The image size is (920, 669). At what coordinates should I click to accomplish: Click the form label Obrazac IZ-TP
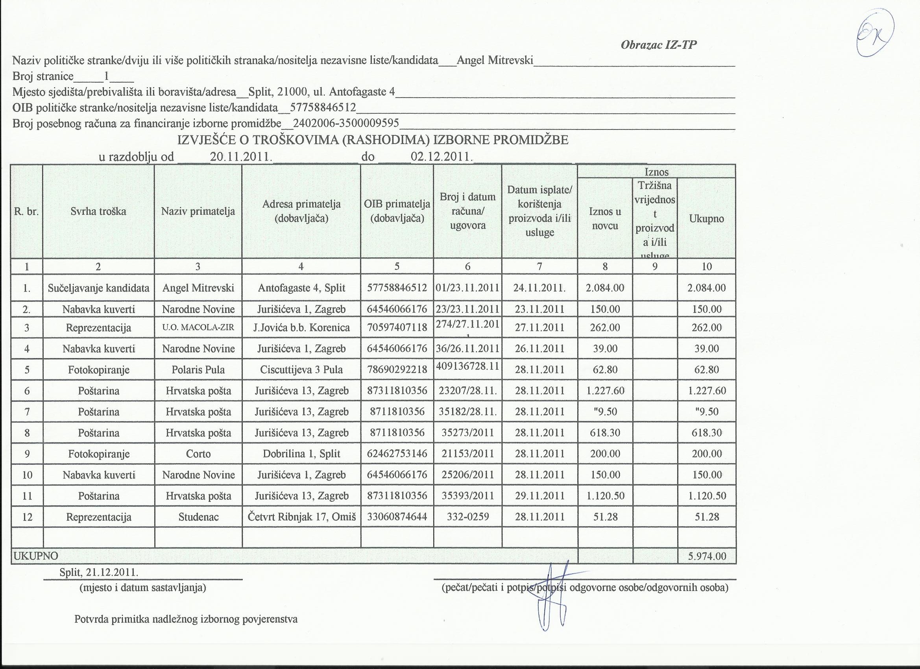click(x=658, y=44)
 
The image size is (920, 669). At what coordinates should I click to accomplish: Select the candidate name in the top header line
click(x=495, y=61)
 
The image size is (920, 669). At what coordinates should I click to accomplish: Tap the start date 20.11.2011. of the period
click(x=241, y=157)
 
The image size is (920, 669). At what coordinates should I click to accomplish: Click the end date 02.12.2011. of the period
click(x=442, y=157)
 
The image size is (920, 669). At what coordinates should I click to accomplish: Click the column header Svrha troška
click(x=98, y=211)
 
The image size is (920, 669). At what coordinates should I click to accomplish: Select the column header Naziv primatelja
click(x=198, y=211)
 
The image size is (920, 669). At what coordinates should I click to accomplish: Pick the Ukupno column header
click(x=706, y=219)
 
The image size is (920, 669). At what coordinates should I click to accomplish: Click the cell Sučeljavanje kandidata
click(x=98, y=288)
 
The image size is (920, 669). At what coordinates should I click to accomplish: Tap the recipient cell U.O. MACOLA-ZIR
click(x=198, y=327)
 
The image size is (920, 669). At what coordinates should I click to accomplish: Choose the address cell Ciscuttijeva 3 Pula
click(x=301, y=370)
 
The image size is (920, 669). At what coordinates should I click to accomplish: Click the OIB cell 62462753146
click(x=397, y=454)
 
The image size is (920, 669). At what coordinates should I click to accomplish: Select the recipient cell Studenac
click(x=198, y=517)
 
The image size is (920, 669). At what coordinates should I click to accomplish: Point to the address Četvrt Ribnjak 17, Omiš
click(x=301, y=517)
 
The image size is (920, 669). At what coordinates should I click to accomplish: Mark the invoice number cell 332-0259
click(x=468, y=517)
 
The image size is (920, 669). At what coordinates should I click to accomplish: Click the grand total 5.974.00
click(x=707, y=556)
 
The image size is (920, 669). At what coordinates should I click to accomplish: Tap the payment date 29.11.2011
click(x=539, y=496)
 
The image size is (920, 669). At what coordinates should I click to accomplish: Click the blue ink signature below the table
click(x=551, y=596)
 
